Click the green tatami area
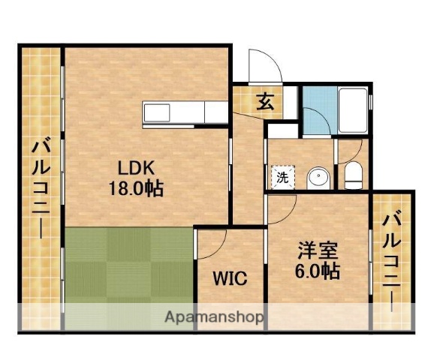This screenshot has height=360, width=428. [x=128, y=266]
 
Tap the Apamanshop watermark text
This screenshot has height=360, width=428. [x=213, y=317]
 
